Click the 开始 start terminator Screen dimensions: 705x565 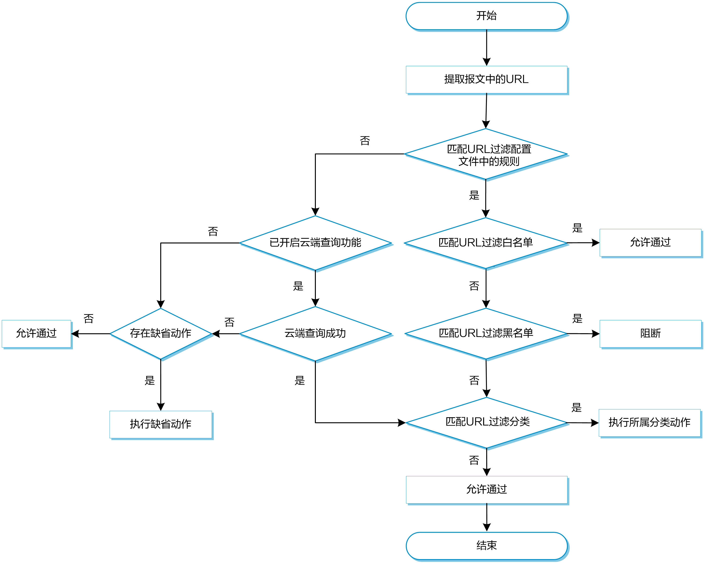click(487, 16)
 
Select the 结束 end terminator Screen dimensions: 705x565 click(487, 546)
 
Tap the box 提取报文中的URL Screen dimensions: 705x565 click(487, 80)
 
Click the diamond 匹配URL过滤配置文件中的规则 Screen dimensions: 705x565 click(486, 154)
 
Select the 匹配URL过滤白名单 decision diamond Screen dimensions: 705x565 click(486, 243)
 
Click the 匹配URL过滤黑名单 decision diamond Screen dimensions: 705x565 click(486, 334)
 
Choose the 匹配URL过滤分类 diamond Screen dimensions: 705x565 click(487, 423)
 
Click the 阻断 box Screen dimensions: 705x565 click(650, 334)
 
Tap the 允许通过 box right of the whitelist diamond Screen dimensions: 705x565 click(650, 243)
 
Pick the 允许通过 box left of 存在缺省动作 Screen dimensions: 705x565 click(36, 334)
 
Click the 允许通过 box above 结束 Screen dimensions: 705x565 click(487, 490)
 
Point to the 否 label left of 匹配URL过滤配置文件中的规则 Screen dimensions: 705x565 click(365, 141)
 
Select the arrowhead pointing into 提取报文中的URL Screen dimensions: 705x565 click(487, 62)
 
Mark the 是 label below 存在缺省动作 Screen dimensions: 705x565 click(150, 380)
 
